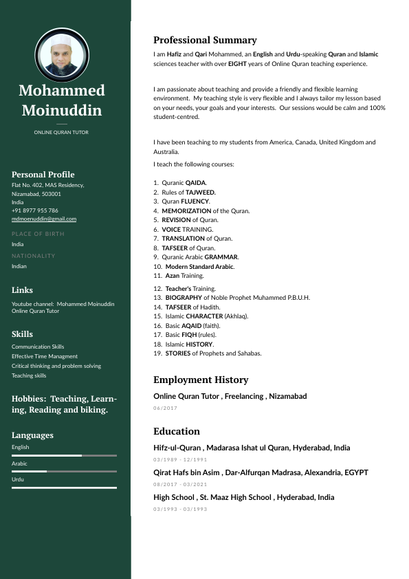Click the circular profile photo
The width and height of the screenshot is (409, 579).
(62, 55)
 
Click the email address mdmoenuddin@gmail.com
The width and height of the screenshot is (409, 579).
(44, 219)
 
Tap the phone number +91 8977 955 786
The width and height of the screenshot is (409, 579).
(35, 210)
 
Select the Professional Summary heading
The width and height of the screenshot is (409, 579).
(205, 40)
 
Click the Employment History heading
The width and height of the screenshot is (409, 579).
(201, 380)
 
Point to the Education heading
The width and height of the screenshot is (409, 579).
(177, 431)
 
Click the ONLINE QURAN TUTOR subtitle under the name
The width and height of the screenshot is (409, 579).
(61, 132)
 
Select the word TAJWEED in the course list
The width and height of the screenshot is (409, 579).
(201, 193)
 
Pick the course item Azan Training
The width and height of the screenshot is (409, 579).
(184, 276)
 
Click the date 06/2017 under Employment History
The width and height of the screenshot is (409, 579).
(166, 408)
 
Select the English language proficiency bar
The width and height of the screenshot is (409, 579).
(64, 455)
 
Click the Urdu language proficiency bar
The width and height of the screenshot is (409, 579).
(64, 488)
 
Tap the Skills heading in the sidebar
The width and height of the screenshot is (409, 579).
(22, 334)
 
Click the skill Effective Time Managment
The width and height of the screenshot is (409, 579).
(45, 356)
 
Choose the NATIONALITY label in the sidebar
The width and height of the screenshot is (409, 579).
(34, 256)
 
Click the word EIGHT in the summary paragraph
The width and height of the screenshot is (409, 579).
(237, 64)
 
